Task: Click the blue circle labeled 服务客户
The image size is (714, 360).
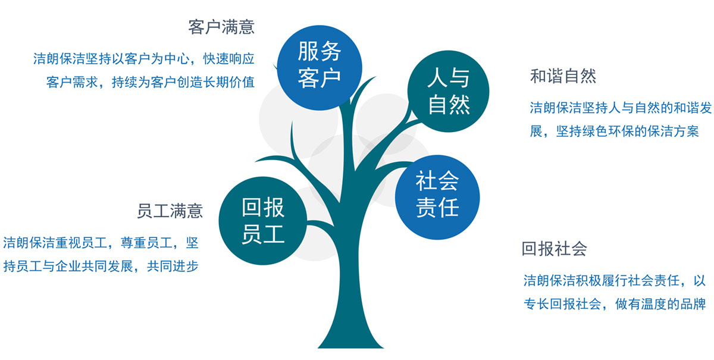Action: coord(320,68)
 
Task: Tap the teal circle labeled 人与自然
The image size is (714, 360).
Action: coord(448,91)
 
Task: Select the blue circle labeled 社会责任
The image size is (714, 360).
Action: coord(437,198)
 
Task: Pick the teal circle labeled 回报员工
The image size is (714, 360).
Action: coord(263,221)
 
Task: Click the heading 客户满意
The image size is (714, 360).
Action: coord(221,27)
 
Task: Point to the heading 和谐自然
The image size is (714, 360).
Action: coord(563,76)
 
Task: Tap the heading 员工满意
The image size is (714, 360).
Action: coord(170,211)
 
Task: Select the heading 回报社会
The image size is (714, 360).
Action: coord(555,249)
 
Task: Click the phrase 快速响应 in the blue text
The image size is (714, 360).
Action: coord(229,59)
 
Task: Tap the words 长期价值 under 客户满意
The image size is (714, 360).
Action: coord(229,82)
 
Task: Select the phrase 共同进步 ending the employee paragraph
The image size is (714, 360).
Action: coord(173,266)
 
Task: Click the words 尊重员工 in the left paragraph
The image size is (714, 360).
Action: coord(146,243)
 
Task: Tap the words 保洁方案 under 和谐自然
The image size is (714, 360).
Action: coord(673,132)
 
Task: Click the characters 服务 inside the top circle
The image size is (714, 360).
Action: coord(320,51)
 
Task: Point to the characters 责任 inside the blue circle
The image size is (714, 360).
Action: coord(437,207)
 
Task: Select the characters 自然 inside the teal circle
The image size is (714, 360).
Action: coord(449,105)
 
